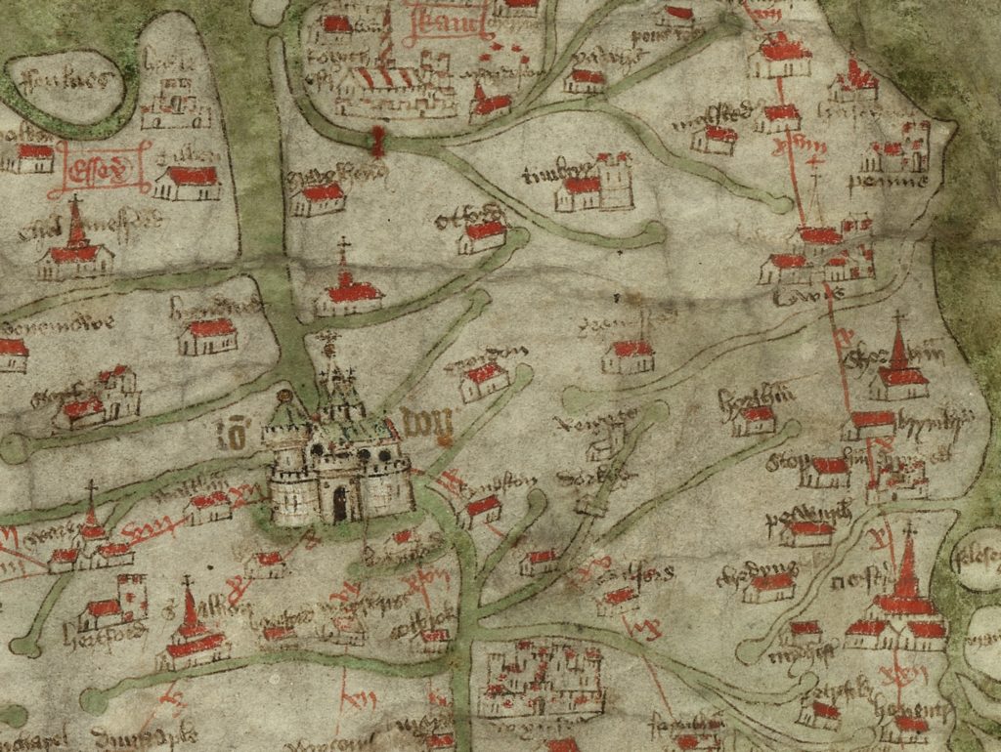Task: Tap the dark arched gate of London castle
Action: [339, 504]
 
